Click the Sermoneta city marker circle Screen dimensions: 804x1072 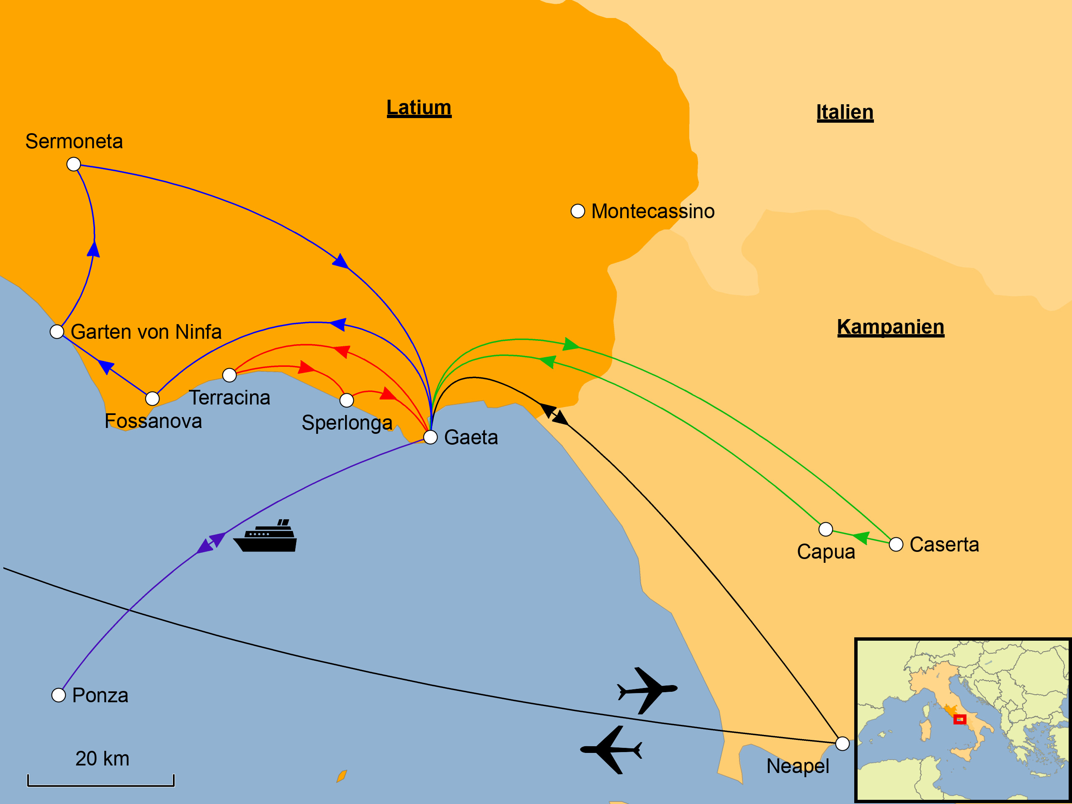coord(74,164)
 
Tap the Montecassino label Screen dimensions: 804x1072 coord(653,212)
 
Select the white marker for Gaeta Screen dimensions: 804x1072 coord(430,437)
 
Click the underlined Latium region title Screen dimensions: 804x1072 coord(419,108)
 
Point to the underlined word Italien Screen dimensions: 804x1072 coord(845,112)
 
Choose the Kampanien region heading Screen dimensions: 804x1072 coord(890,327)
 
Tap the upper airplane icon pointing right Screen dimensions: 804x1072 coord(647,690)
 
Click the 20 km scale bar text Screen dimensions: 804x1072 coord(102,759)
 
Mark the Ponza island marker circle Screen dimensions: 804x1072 coord(59,696)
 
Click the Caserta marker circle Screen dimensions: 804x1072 coord(896,545)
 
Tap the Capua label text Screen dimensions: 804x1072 coord(826,552)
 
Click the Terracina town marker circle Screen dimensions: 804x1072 coord(229,375)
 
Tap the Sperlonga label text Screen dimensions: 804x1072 coord(346,423)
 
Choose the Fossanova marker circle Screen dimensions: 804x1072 coord(152,399)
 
